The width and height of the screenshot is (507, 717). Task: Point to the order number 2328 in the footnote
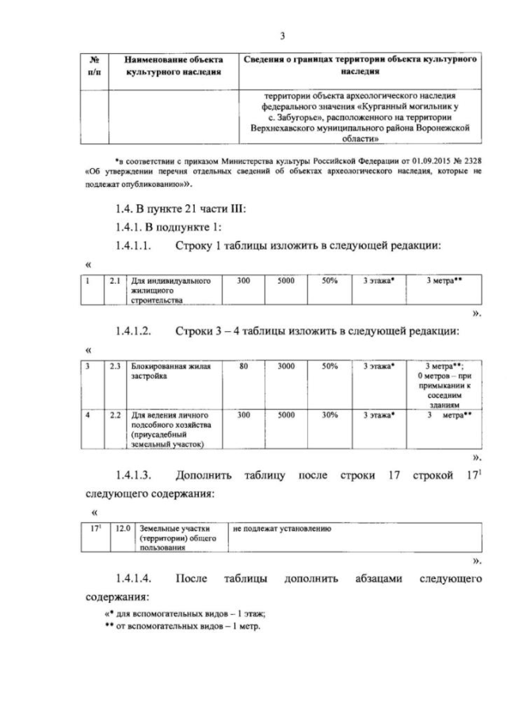(467, 162)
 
